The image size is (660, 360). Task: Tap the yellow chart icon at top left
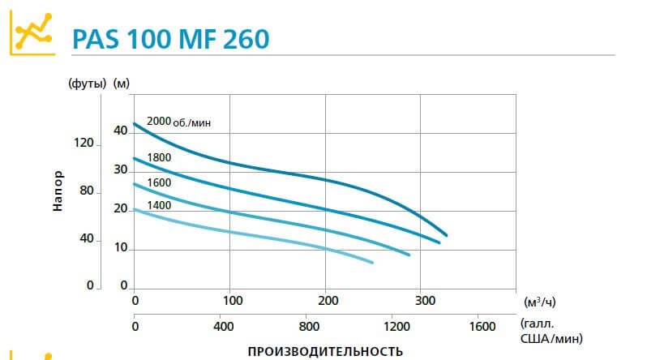(x=32, y=32)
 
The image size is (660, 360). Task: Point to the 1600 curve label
(x=159, y=183)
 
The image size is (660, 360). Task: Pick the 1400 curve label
(x=159, y=206)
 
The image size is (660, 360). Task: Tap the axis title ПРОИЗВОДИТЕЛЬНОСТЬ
(x=324, y=351)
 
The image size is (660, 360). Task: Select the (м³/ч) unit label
(x=541, y=302)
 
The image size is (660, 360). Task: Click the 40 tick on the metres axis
(x=121, y=131)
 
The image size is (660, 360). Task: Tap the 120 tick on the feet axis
(x=85, y=144)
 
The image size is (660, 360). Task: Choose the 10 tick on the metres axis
(x=121, y=247)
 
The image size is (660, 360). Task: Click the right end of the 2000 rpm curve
(x=446, y=235)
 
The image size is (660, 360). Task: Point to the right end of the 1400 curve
(x=372, y=263)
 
